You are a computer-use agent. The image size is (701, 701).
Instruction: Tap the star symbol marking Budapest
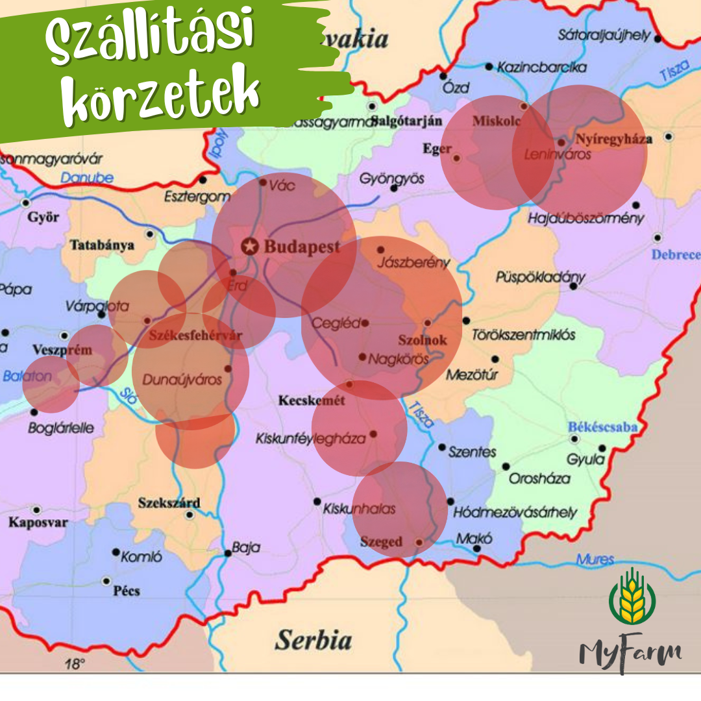pos(249,247)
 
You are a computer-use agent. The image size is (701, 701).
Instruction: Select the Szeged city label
pos(382,542)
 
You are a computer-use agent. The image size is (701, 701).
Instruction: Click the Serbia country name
pos(314,640)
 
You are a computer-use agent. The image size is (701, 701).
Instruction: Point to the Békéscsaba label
pos(602,428)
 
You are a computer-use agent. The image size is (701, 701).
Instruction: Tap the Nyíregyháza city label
pos(614,139)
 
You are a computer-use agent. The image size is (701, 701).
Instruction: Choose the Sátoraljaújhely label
pos(604,35)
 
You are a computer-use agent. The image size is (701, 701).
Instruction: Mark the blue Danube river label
pos(87,178)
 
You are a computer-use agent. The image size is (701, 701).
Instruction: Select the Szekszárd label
pos(169,503)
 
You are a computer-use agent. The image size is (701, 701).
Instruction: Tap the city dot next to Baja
pos(228,554)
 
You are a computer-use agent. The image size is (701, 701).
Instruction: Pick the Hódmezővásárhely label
pos(515,512)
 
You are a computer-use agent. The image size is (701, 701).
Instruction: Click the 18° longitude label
pos(75,664)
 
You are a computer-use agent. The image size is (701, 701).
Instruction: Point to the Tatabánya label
pos(102,245)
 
